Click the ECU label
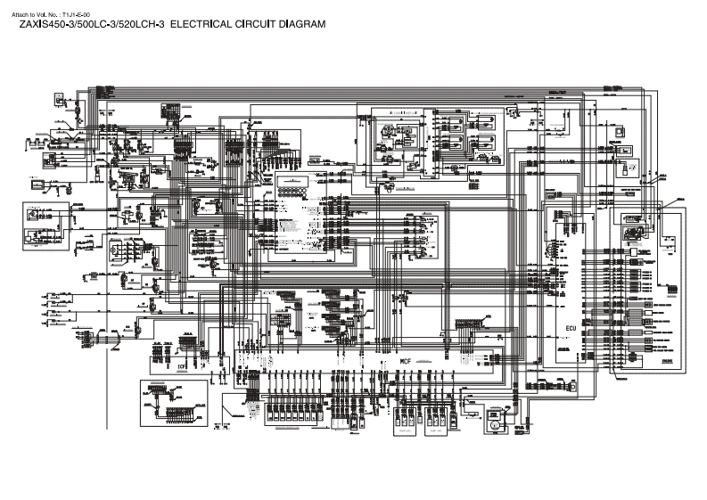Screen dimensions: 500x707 [x=572, y=329]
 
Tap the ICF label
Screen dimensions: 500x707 [x=182, y=365]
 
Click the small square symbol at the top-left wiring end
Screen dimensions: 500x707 [x=60, y=101]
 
